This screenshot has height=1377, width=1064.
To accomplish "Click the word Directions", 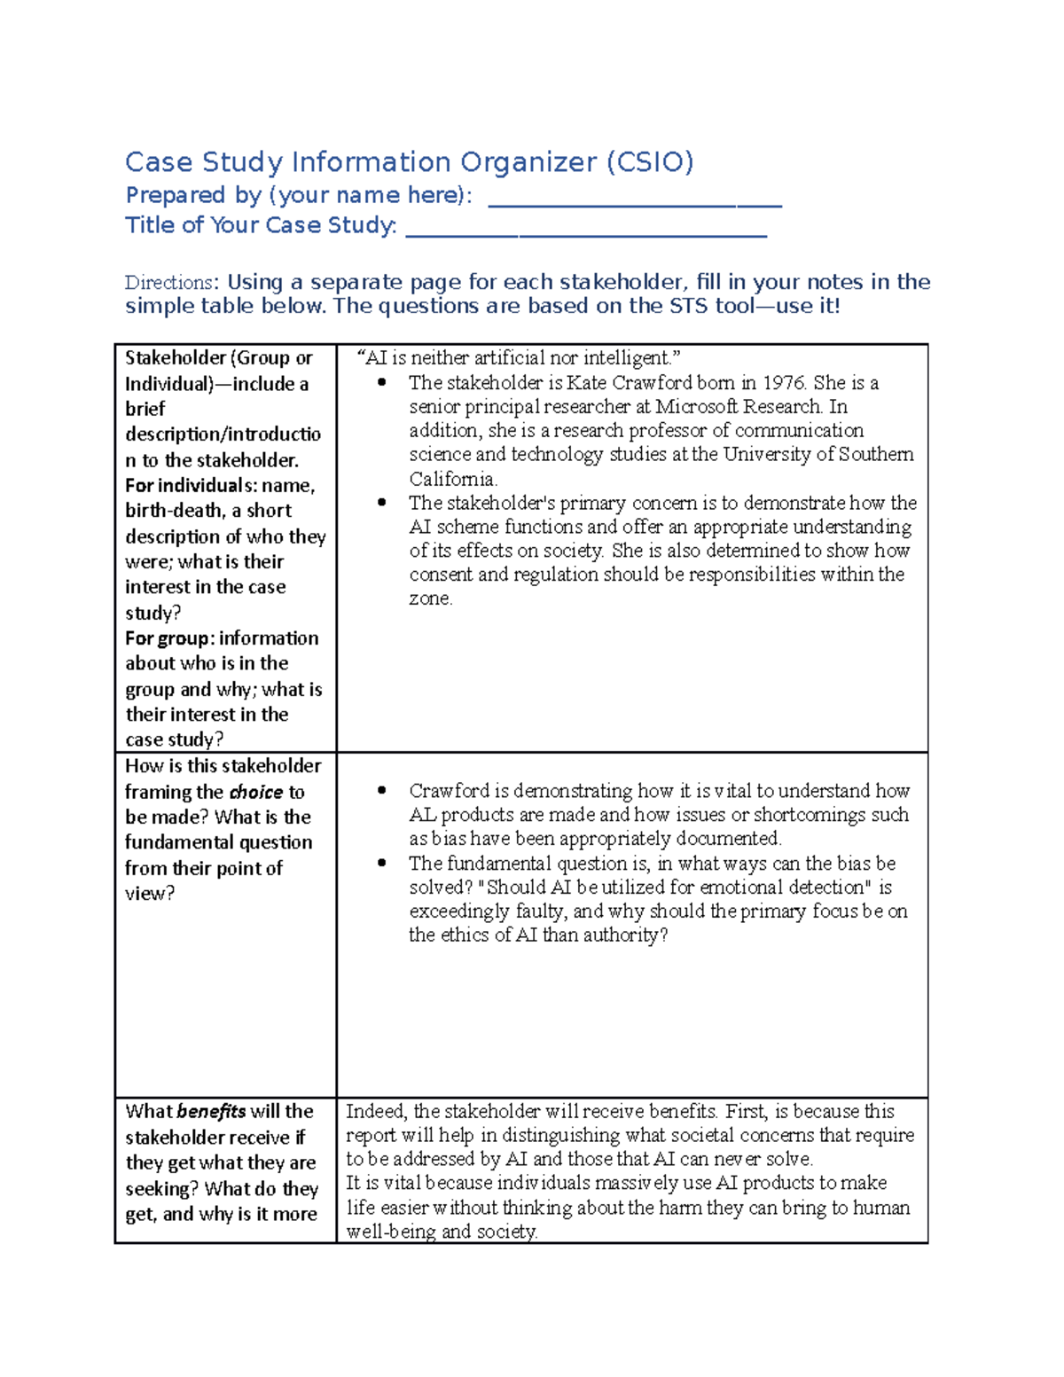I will tap(168, 283).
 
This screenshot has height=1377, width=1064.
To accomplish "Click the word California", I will tap(452, 480).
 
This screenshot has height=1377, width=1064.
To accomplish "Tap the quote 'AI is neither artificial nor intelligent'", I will tap(519, 358).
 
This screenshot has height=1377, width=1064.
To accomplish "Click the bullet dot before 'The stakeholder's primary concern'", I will tap(382, 503).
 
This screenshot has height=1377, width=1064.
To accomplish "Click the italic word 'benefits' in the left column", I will tap(211, 1112).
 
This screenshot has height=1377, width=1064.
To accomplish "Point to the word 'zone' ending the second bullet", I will tap(429, 599).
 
